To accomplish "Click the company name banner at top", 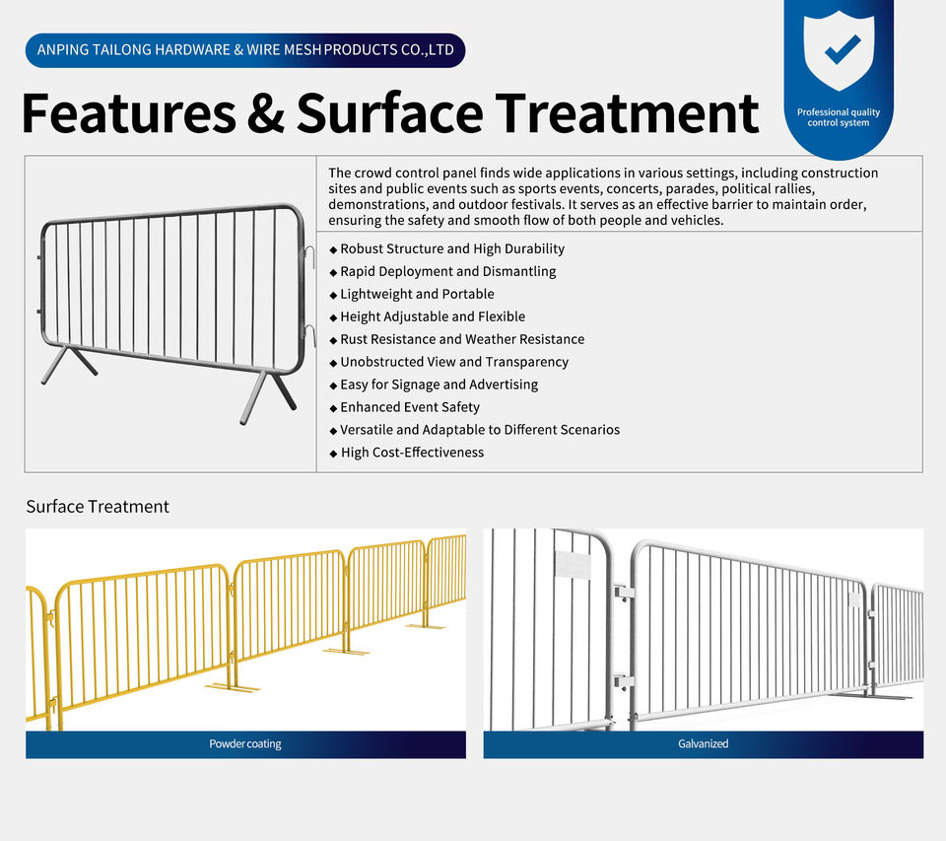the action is pyautogui.click(x=245, y=50).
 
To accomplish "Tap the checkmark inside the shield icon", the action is pyautogui.click(x=843, y=49).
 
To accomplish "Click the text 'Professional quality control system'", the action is pyautogui.click(x=838, y=117).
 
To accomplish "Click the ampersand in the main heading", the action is pyautogui.click(x=266, y=113).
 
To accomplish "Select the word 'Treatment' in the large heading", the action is pyautogui.click(x=627, y=113).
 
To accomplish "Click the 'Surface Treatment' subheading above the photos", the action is pyautogui.click(x=98, y=507).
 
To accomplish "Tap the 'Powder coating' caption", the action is pyautogui.click(x=245, y=743).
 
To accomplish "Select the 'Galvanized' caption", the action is pyautogui.click(x=703, y=743).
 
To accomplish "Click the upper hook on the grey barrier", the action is pyautogui.click(x=310, y=256).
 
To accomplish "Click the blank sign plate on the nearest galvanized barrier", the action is pyautogui.click(x=573, y=565).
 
